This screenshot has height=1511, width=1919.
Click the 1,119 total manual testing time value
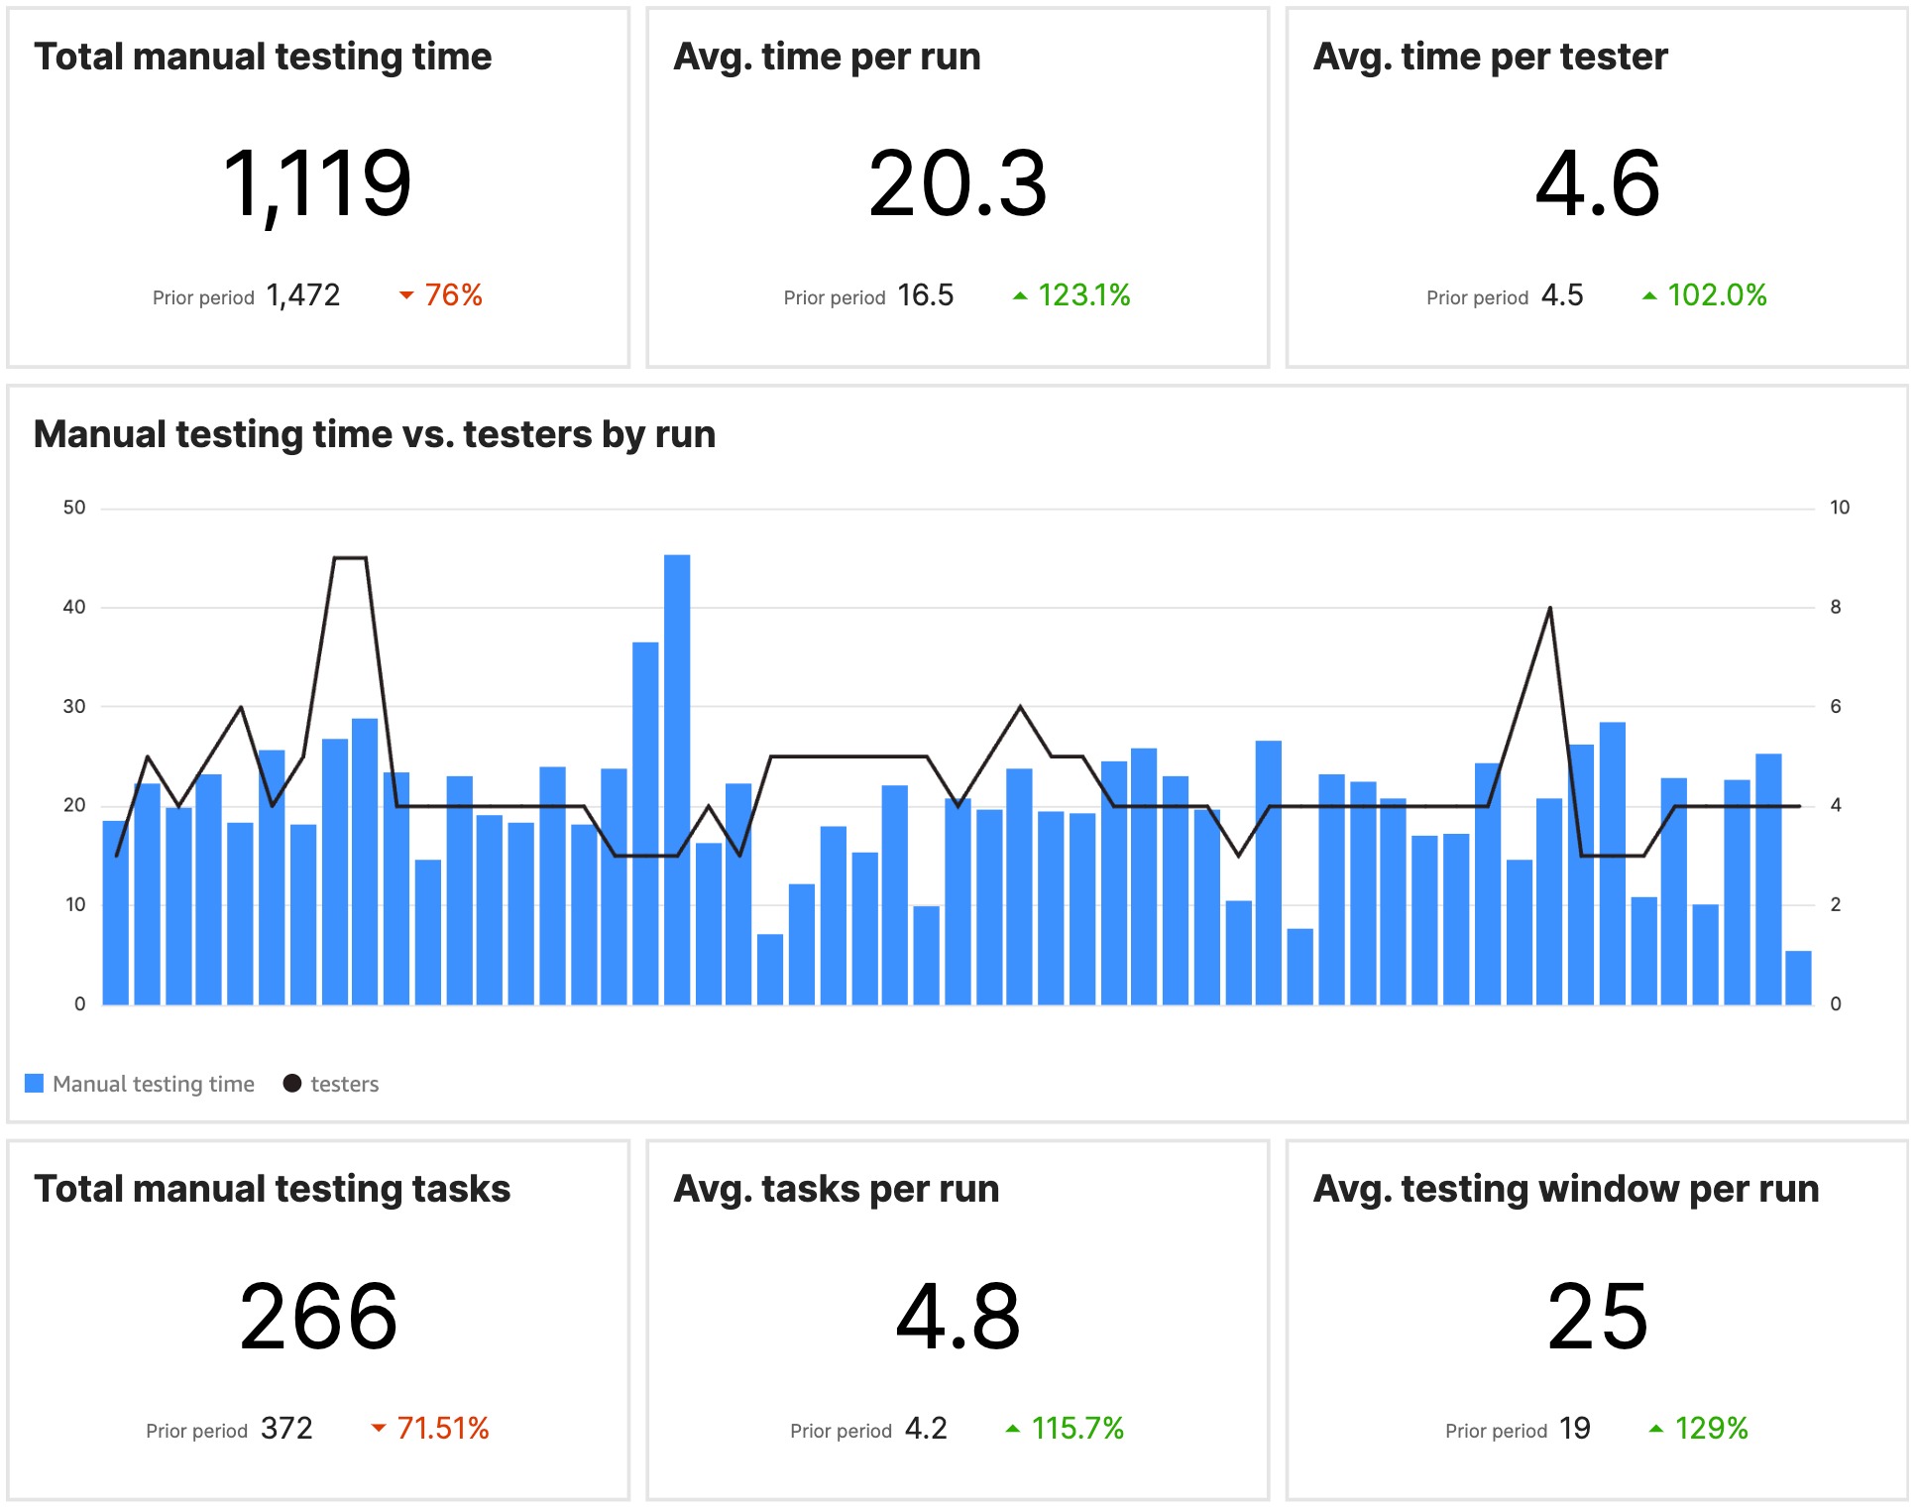[317, 183]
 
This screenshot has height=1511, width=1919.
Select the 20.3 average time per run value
[957, 183]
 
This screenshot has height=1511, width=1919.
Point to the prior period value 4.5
[1561, 295]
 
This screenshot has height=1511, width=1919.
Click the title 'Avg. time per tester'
[1490, 57]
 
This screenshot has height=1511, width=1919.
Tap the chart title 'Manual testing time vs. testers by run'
[375, 434]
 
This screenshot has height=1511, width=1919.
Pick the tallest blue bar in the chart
[677, 778]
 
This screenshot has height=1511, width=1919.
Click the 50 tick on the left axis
[74, 508]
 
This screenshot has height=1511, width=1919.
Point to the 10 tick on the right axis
[1839, 508]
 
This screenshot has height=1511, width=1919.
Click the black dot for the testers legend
[292, 1083]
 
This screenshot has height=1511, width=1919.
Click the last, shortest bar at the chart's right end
[1798, 978]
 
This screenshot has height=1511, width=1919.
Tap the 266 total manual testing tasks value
[318, 1317]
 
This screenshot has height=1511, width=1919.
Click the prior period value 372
[286, 1429]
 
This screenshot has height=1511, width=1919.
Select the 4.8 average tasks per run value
[957, 1317]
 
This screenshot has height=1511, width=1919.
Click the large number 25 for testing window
[1597, 1317]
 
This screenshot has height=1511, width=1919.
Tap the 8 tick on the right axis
[1835, 607]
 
